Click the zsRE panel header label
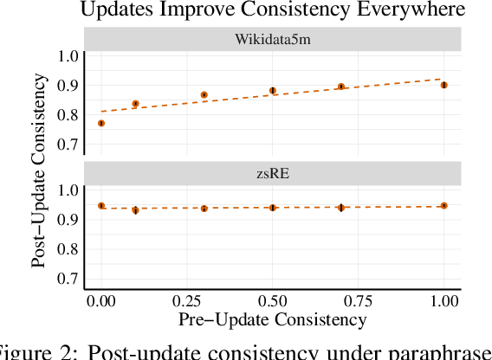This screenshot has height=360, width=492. (272, 173)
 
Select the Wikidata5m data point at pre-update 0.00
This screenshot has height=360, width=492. (101, 124)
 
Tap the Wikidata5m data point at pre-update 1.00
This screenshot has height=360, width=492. (444, 85)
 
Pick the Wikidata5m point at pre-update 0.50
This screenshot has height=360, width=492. (273, 91)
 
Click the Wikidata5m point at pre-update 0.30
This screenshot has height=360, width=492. (204, 95)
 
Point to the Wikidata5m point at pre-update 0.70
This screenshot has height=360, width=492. (341, 87)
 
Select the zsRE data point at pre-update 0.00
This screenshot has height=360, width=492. (101, 206)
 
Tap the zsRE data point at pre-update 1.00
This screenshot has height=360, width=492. (444, 206)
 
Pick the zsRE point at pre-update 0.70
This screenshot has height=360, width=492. (341, 208)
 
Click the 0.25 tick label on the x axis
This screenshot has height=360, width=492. (187, 301)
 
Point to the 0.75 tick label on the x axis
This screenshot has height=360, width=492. (359, 301)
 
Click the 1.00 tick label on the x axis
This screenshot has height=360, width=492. (444, 301)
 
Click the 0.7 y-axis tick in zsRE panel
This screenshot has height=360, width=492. (68, 279)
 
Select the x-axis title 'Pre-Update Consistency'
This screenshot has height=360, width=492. (272, 319)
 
